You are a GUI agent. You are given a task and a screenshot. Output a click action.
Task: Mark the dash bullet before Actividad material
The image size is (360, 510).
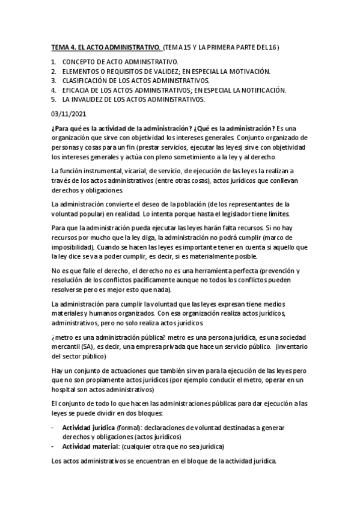click(x=54, y=446)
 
